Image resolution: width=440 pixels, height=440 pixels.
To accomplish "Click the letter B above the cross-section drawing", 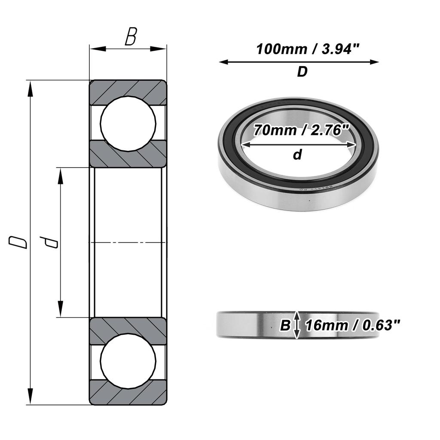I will [130, 38].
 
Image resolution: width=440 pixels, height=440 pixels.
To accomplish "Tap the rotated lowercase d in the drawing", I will [51, 242].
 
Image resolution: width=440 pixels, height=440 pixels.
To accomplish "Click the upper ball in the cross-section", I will [128, 123].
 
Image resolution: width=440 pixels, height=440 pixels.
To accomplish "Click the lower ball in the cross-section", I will [128, 361].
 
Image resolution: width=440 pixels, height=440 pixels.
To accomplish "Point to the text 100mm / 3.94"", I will [307, 49].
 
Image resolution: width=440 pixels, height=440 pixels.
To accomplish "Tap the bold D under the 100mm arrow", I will [302, 72].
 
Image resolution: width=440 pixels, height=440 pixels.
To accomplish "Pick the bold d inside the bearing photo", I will [297, 155].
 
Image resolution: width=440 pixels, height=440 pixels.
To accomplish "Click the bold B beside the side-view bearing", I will [285, 326].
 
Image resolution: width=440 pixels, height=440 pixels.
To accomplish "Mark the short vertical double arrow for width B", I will [296, 325].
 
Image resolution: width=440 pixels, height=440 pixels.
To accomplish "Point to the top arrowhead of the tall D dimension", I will [30, 88].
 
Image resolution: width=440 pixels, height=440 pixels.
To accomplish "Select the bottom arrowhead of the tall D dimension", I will [30, 397].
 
